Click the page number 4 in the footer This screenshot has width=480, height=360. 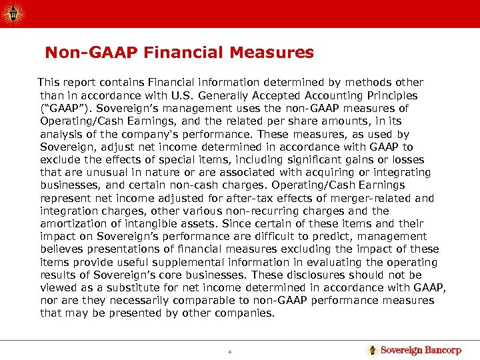coord(229,351)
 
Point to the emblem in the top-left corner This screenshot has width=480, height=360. coord(13,12)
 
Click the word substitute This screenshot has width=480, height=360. coord(133,287)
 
